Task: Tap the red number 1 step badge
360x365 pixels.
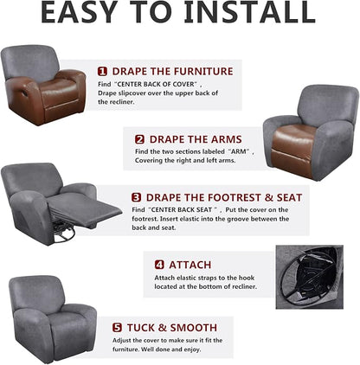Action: (102, 72)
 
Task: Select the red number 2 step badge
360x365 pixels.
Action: (139, 139)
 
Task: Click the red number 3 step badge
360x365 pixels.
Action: (136, 198)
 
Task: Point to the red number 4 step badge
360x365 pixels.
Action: (159, 265)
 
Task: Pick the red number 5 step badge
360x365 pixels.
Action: (117, 328)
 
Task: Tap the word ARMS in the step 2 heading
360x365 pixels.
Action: (226, 139)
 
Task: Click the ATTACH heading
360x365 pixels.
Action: (190, 265)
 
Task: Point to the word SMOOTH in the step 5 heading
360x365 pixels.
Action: (193, 328)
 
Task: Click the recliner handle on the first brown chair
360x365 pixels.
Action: (25, 93)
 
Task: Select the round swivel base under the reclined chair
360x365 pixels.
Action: (64, 233)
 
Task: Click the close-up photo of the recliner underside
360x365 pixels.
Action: (310, 277)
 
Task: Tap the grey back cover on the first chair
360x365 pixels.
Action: (31, 61)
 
